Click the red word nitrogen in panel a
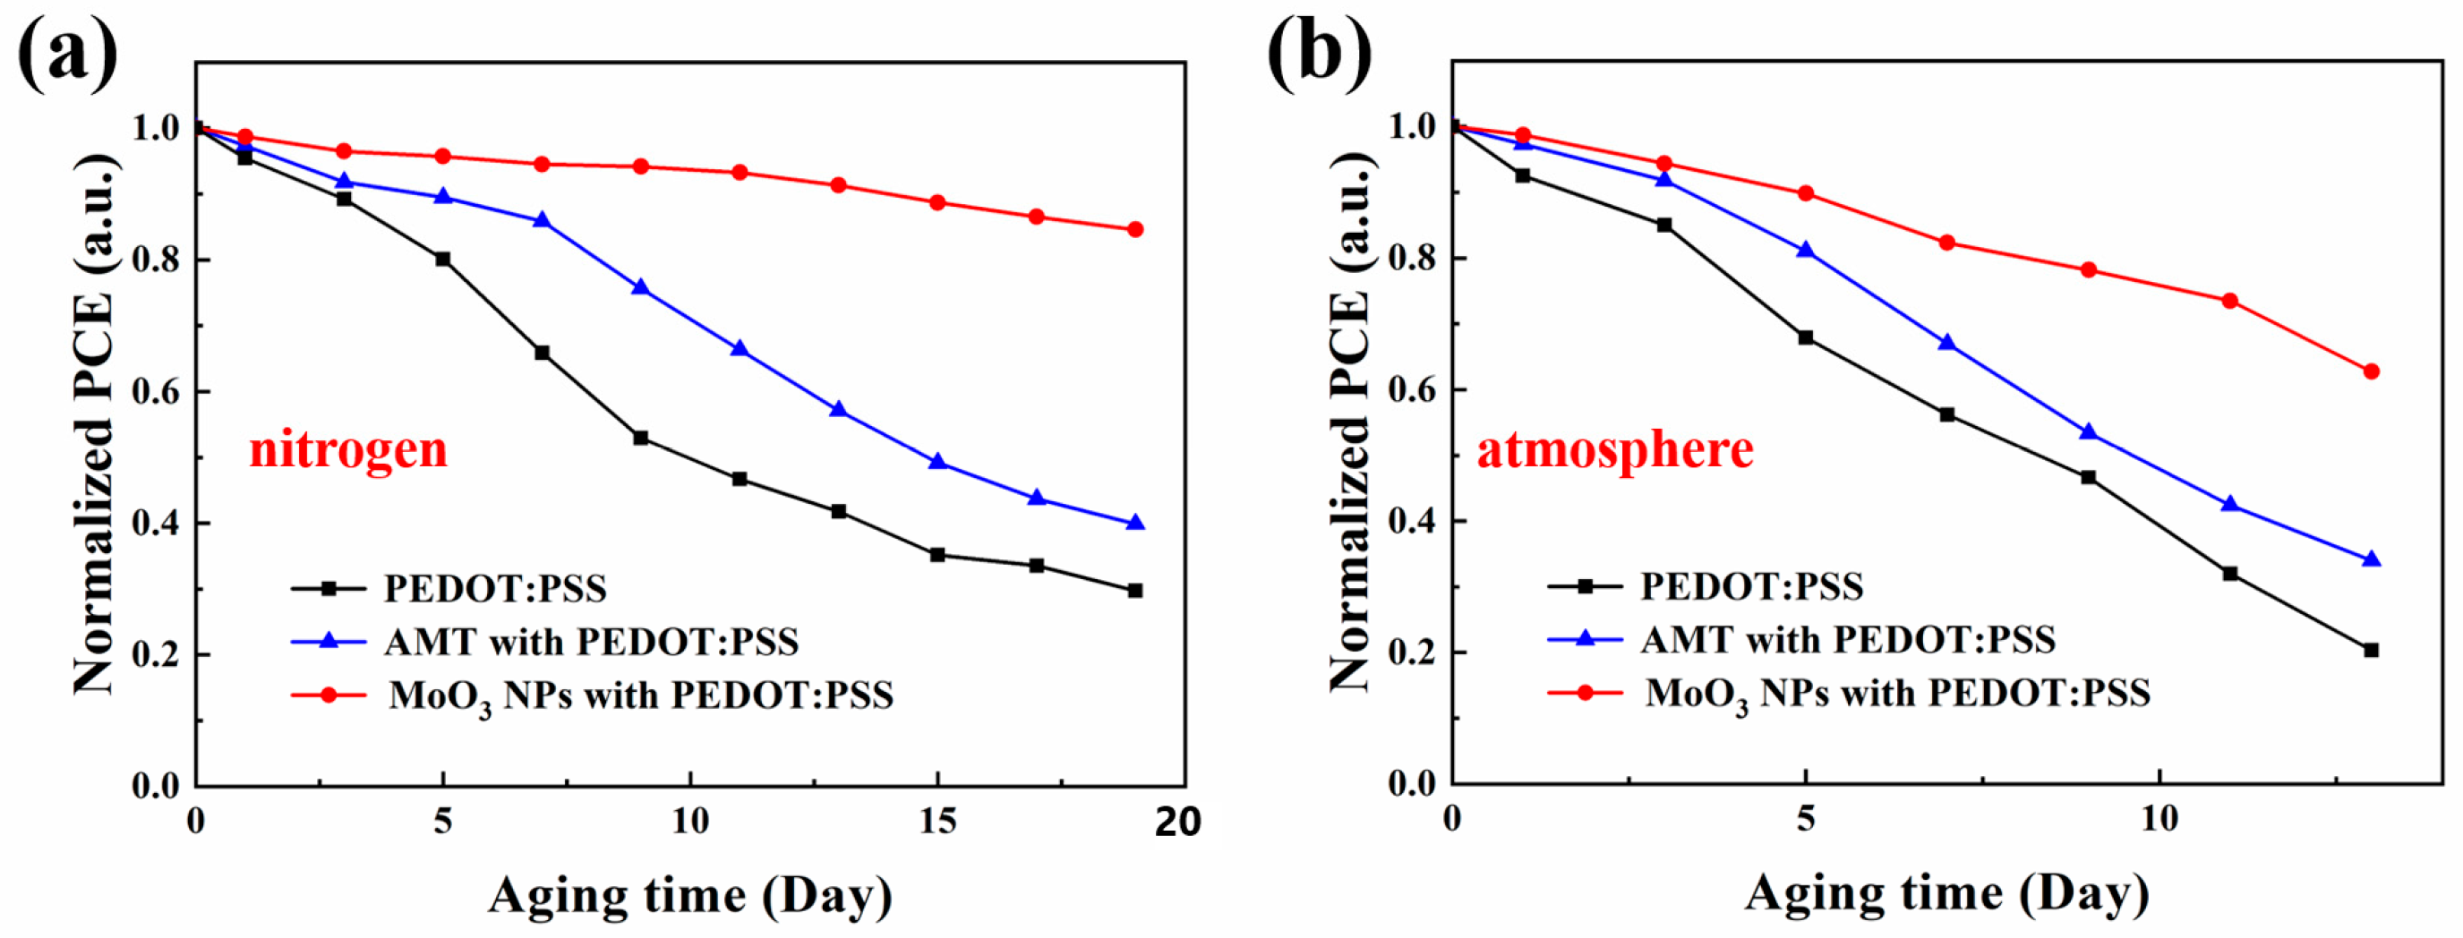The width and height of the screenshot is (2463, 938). coord(348,449)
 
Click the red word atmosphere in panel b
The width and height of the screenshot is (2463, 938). coord(1615,449)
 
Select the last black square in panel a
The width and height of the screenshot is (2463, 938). coord(1135,591)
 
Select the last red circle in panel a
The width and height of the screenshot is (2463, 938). coord(1135,229)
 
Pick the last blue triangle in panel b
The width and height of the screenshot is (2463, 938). coord(2370,559)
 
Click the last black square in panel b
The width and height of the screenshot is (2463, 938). coord(2370,650)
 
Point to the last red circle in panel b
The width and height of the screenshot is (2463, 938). coord(2370,371)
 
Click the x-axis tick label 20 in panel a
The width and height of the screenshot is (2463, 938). coord(1177,823)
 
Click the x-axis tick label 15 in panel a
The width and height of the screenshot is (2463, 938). coord(937,822)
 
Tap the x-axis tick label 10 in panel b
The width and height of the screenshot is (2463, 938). coord(2159,820)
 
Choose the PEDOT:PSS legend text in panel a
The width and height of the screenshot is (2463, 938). coord(495,589)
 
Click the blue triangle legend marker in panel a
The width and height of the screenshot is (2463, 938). coord(328,642)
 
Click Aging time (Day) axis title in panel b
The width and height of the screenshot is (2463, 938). coord(1946,894)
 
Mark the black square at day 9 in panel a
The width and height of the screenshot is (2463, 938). coord(641,438)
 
